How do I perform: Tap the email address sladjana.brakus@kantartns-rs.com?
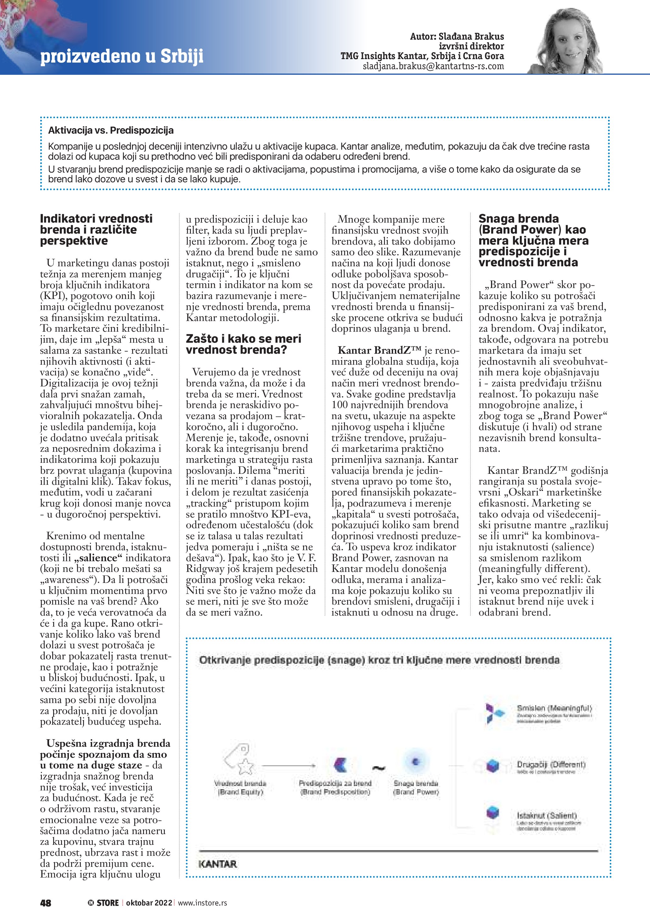pyautogui.click(x=433, y=66)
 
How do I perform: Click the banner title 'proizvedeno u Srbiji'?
pyautogui.click(x=122, y=56)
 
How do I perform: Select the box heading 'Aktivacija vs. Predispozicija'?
pyautogui.click(x=111, y=130)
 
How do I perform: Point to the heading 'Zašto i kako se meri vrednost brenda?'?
pyautogui.click(x=243, y=344)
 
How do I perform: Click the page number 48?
pyautogui.click(x=46, y=903)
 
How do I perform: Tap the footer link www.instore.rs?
pyautogui.click(x=202, y=903)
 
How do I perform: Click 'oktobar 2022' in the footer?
pyautogui.click(x=149, y=903)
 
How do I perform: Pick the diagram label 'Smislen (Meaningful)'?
pyautogui.click(x=554, y=708)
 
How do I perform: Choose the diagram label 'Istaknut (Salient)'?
pyautogui.click(x=547, y=815)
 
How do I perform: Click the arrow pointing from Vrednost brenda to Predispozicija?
pyautogui.click(x=288, y=765)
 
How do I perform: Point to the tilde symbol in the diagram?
pyautogui.click(x=379, y=768)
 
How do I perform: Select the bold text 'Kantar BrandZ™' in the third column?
pyautogui.click(x=380, y=350)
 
